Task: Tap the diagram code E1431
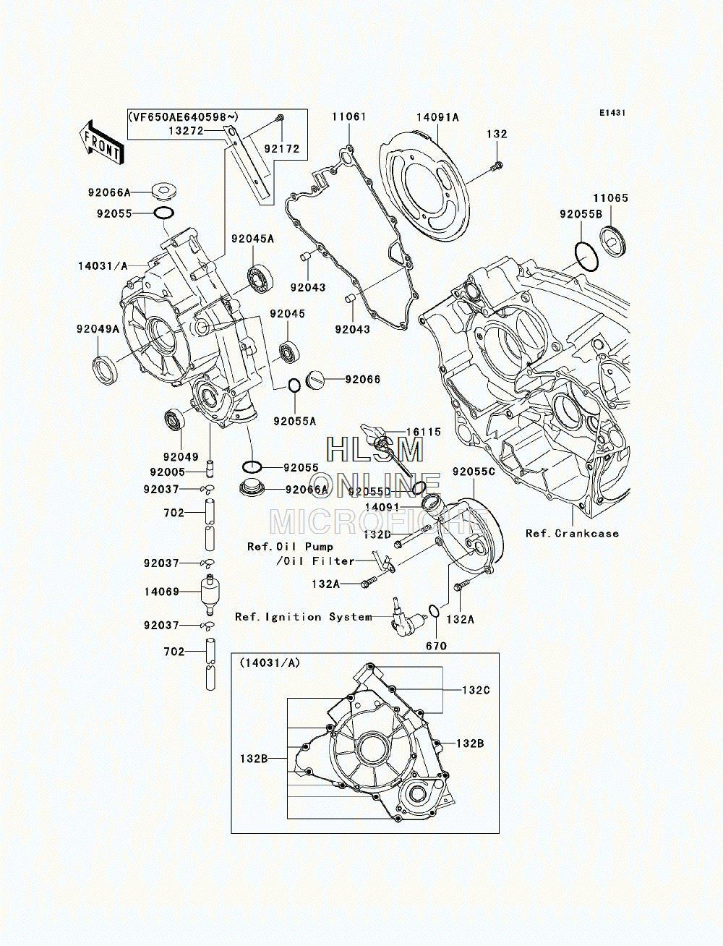612,113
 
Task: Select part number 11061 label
348,116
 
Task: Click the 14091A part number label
437,117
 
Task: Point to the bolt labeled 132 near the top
497,166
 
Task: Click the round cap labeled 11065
613,241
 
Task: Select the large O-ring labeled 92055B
586,257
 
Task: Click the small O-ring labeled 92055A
294,385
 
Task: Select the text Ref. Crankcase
572,534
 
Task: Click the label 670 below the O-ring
436,646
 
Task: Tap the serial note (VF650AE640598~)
183,116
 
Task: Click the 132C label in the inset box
476,690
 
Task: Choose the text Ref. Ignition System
304,617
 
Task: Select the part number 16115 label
424,432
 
